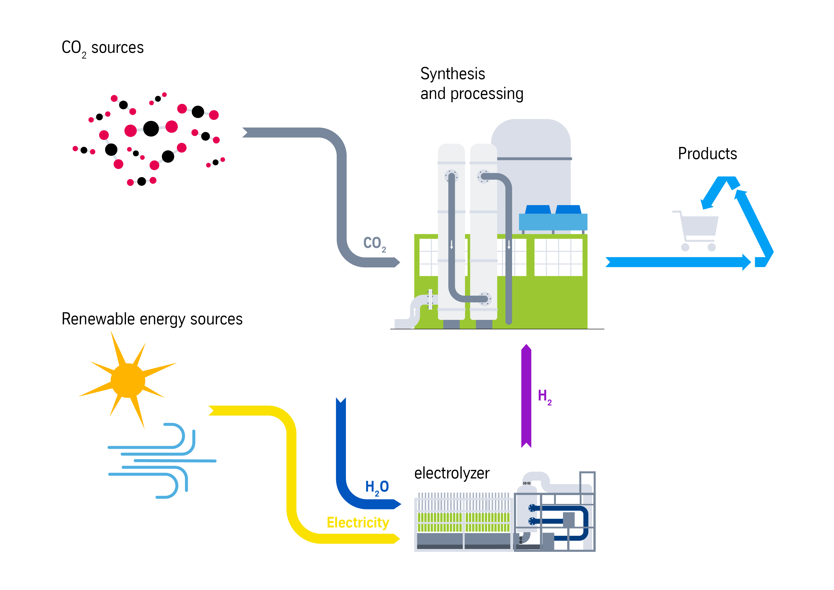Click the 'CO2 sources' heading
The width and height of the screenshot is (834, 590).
point(102,48)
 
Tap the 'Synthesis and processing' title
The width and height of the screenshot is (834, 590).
point(471,83)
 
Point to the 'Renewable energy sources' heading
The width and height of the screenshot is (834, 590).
point(152,319)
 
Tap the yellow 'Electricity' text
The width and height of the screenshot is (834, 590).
point(358,522)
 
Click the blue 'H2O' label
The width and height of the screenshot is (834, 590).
point(377,487)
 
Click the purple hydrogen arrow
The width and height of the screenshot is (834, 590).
point(526,396)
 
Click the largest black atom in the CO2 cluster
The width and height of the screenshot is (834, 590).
point(151,129)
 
